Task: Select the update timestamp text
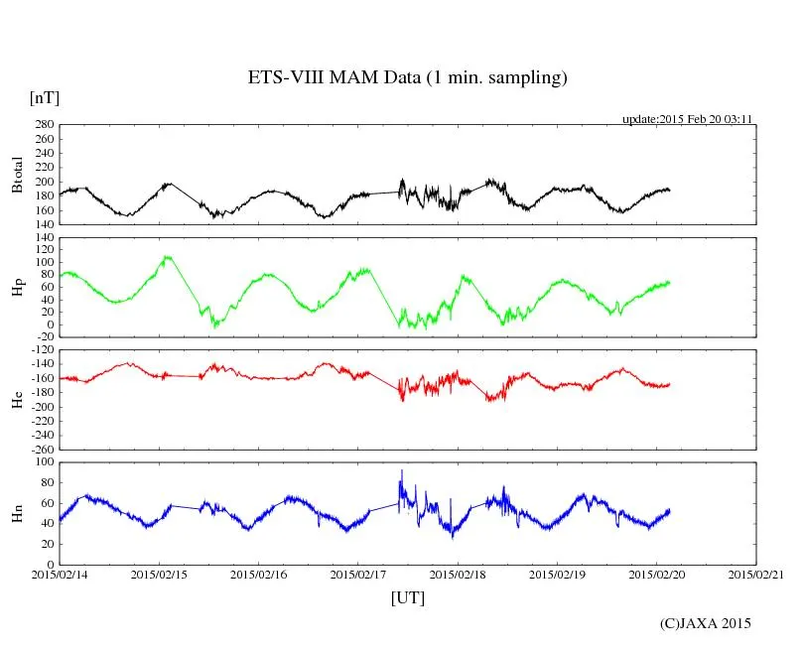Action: pyautogui.click(x=687, y=119)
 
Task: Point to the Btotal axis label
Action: pyautogui.click(x=17, y=175)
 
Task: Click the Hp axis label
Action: pyautogui.click(x=17, y=287)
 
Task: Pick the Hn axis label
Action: pyautogui.click(x=17, y=512)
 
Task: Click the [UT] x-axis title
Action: pyautogui.click(x=408, y=597)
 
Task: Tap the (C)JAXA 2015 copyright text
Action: pyautogui.click(x=706, y=623)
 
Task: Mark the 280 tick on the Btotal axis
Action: pyautogui.click(x=44, y=125)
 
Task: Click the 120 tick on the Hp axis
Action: pyautogui.click(x=44, y=237)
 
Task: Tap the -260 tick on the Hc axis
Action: pyautogui.click(x=40, y=449)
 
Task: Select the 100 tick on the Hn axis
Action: pyautogui.click(x=44, y=461)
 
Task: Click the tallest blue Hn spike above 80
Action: pyautogui.click(x=401, y=471)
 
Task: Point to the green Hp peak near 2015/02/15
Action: pyautogui.click(x=167, y=257)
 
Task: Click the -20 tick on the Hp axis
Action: pyautogui.click(x=44, y=336)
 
